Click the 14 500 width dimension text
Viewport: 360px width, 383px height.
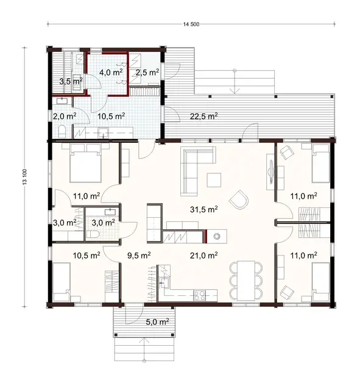191,24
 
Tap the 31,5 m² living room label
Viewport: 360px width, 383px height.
204,209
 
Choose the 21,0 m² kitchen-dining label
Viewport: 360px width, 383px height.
204,256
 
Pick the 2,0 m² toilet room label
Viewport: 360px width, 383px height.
64,115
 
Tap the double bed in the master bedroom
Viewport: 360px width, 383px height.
85,163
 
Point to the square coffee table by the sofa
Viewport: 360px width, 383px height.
214,179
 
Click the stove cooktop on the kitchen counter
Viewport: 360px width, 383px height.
199,296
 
